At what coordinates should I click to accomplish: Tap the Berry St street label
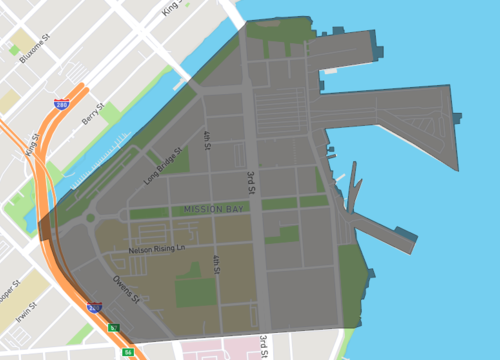[93, 119]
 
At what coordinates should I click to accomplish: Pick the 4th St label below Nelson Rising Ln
[215, 263]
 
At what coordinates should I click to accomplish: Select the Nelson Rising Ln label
[157, 249]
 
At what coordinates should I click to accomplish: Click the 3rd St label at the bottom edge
[263, 345]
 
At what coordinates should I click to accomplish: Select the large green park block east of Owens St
[196, 291]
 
